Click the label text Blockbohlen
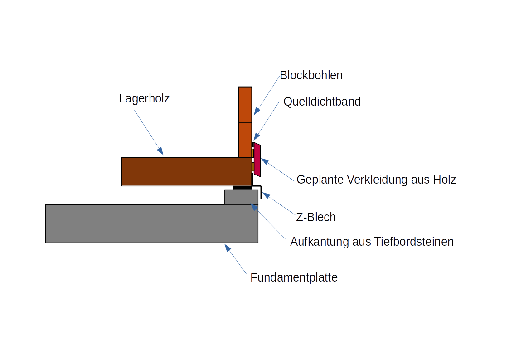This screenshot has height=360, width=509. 311,75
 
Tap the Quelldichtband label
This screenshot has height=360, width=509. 322,102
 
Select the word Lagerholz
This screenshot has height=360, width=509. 144,98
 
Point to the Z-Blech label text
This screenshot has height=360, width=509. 316,217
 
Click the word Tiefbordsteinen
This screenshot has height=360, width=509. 414,242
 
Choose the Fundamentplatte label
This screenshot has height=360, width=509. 294,277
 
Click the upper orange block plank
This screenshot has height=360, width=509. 245,104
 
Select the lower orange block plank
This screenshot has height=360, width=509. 245,140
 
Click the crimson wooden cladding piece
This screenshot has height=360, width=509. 257,160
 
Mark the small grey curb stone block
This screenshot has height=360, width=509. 241,197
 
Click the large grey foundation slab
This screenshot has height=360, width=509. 151,224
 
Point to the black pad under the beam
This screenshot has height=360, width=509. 242,187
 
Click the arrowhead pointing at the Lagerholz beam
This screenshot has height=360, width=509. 160,151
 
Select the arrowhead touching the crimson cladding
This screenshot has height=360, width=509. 265,161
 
